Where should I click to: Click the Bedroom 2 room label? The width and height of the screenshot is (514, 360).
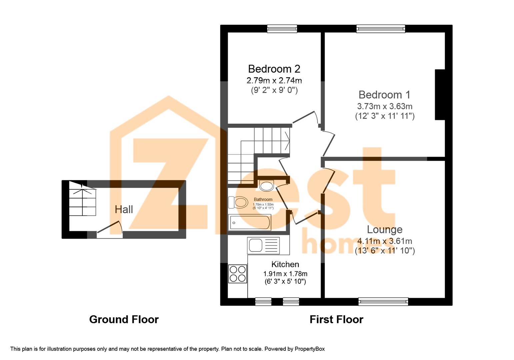click(x=274, y=69)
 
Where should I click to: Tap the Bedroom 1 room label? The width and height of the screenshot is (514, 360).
click(x=384, y=95)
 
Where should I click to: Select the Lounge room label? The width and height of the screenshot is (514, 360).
click(x=385, y=229)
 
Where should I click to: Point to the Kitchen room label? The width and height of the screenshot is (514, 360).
click(x=285, y=264)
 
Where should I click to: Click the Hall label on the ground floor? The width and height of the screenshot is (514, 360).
click(x=124, y=209)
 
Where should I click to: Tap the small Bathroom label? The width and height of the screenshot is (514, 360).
click(x=263, y=199)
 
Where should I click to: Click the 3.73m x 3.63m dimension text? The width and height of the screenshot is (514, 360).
click(x=385, y=106)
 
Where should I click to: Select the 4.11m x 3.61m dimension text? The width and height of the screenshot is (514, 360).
click(x=385, y=241)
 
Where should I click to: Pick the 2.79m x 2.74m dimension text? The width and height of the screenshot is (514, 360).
click(x=274, y=80)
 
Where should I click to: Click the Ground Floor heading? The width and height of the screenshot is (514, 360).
click(x=124, y=319)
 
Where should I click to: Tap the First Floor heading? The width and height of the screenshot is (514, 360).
click(x=336, y=319)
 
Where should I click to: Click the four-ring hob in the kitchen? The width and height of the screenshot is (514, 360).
click(x=238, y=274)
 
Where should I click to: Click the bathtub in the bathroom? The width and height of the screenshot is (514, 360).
click(x=250, y=222)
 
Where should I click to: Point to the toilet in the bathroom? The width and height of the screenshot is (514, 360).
click(x=238, y=202)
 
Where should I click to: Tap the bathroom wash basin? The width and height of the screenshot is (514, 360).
click(x=266, y=186)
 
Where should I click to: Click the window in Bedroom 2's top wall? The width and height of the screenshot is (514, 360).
click(x=282, y=29)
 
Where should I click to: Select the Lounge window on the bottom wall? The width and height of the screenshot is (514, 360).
click(x=383, y=302)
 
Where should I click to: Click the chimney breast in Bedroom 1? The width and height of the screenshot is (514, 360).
click(x=440, y=94)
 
